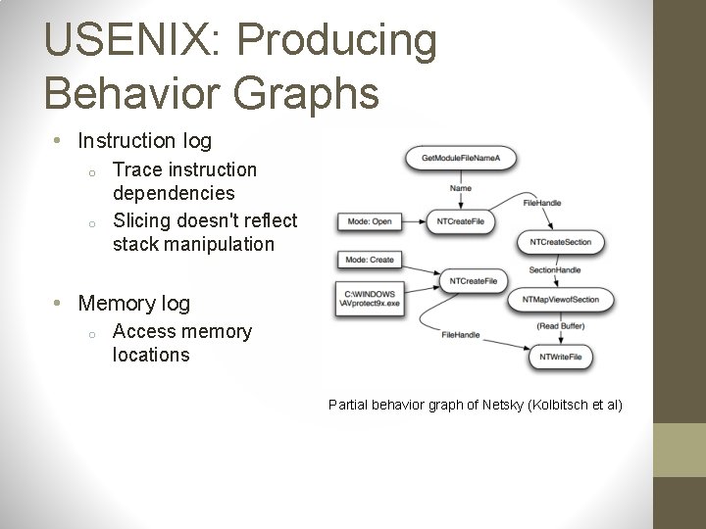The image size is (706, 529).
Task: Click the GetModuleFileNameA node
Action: pyautogui.click(x=460, y=159)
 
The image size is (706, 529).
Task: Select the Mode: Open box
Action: pyautogui.click(x=369, y=221)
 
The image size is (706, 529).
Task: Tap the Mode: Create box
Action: pyautogui.click(x=370, y=260)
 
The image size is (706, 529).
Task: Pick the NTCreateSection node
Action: pyautogui.click(x=560, y=242)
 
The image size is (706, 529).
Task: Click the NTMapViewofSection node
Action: pyautogui.click(x=560, y=300)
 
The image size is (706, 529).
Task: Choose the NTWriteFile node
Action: pyautogui.click(x=560, y=358)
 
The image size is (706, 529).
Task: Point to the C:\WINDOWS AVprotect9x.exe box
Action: pyautogui.click(x=370, y=299)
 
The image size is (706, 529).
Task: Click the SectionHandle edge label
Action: pyautogui.click(x=554, y=270)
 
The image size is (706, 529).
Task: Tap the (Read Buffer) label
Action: pyautogui.click(x=561, y=327)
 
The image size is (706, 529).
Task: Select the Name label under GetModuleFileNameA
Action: pyautogui.click(x=460, y=188)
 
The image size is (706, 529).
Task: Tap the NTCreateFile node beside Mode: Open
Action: pyautogui.click(x=460, y=221)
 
